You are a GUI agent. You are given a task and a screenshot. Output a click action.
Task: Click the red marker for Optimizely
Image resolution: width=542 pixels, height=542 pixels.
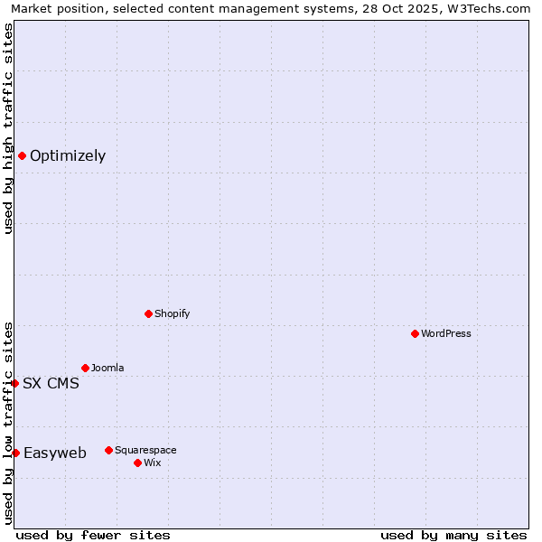point(22,155)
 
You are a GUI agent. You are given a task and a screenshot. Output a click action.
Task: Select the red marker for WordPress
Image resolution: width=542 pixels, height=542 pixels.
point(415,333)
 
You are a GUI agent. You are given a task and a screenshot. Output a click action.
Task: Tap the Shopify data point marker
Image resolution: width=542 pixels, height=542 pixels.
point(148,313)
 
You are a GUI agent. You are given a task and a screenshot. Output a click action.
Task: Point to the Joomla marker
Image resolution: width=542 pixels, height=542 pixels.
point(85,368)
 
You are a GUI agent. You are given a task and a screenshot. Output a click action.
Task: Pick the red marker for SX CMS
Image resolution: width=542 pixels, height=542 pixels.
point(14,383)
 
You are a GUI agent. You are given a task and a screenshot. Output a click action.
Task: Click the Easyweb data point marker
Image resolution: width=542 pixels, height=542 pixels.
point(15,453)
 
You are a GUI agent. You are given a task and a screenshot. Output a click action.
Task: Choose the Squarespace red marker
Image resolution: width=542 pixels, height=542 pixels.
point(108,450)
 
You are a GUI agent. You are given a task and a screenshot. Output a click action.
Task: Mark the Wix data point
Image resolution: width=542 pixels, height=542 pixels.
point(137,463)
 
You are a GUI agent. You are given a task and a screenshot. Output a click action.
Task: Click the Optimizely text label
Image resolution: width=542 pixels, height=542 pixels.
point(68,155)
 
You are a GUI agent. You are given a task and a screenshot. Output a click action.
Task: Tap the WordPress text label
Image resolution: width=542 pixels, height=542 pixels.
point(446,333)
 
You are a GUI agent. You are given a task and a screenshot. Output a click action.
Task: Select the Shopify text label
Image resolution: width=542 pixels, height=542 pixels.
point(172,313)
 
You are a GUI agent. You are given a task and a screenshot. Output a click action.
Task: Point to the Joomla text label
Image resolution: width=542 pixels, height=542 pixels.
point(107,368)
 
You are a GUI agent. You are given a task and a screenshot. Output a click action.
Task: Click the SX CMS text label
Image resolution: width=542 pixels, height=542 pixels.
point(51,383)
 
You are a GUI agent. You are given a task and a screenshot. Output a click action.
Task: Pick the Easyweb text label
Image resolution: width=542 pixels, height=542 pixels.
point(55,453)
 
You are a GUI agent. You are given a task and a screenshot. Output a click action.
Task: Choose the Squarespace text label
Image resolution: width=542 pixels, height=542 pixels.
point(145,450)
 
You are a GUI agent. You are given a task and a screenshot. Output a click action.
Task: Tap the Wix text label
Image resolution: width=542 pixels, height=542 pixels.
point(152,463)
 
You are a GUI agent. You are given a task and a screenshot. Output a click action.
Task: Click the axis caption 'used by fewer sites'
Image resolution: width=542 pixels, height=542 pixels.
point(93,535)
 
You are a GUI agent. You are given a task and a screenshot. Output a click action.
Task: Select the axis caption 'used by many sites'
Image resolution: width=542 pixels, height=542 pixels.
point(453,535)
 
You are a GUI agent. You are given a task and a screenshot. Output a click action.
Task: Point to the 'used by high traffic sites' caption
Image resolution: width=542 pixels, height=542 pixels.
point(8,128)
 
